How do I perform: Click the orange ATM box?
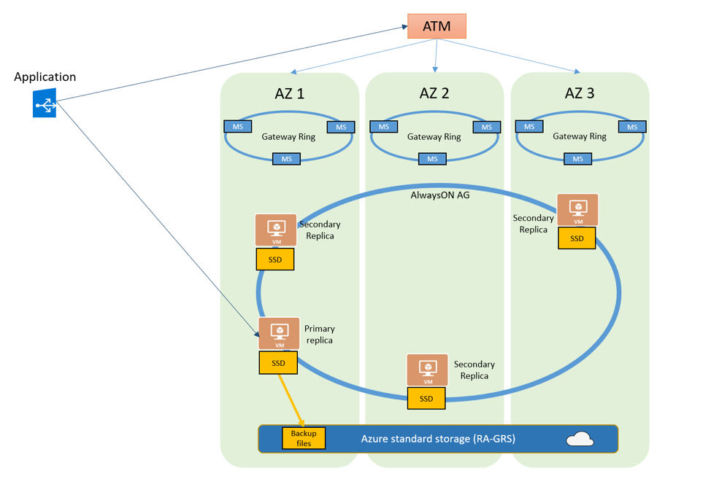point(437,27)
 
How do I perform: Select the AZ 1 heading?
point(289,93)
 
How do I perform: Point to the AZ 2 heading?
point(434,93)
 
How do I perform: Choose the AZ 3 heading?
point(580,93)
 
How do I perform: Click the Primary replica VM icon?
point(279,334)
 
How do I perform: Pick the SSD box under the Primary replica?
point(278,363)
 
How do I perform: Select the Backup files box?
point(304,438)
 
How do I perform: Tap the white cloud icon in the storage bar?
point(580,440)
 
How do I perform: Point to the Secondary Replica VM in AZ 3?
point(578,210)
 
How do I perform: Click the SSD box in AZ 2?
point(426,399)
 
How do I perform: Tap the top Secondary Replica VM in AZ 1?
point(276,230)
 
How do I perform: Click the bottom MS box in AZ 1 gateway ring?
point(287,159)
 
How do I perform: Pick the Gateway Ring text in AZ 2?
point(434,136)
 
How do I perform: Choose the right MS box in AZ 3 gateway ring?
point(632,127)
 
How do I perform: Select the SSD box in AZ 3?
point(577,238)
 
